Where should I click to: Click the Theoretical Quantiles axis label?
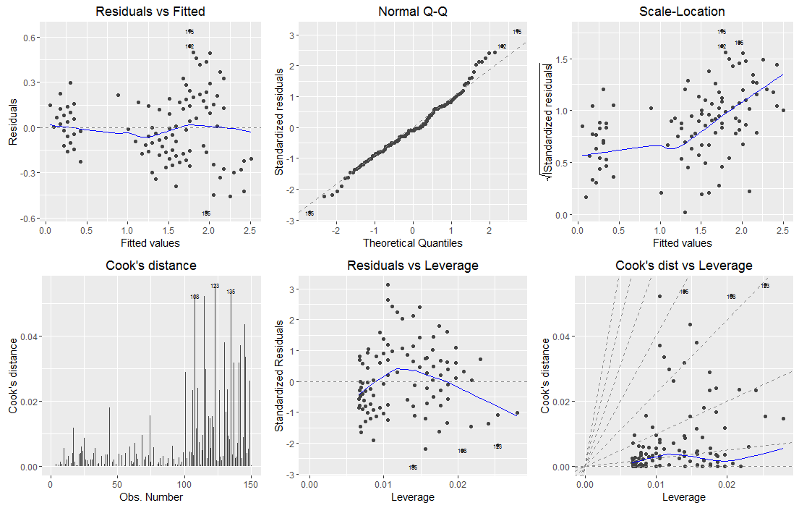pos(413,242)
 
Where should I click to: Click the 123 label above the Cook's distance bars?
pos(215,287)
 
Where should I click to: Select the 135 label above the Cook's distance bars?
pos(231,292)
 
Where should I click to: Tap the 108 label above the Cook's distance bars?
pos(195,297)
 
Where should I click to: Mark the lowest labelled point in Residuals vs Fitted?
pos(206,213)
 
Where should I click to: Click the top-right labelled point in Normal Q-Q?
pos(517,32)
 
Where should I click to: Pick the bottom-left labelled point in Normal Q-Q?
pos(309,213)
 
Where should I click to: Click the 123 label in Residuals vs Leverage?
pos(497,446)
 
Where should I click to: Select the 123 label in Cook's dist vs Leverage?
pos(765,286)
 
